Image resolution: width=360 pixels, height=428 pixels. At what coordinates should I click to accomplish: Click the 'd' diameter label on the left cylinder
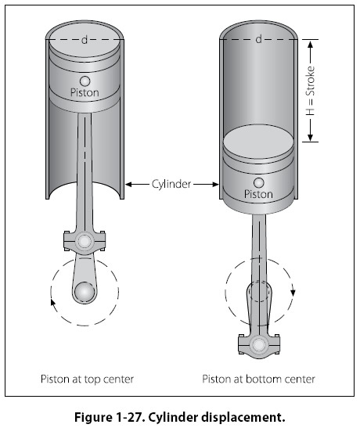click(x=85, y=40)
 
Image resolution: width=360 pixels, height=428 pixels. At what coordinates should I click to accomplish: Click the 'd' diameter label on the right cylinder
click(x=258, y=40)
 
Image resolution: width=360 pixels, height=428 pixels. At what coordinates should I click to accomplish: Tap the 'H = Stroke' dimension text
click(x=311, y=91)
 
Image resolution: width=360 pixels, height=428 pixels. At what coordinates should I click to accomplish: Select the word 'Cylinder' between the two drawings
click(x=171, y=184)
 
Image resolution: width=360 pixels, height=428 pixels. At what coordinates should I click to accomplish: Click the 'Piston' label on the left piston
click(x=85, y=92)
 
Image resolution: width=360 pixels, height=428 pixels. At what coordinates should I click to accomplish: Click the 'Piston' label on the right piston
click(x=258, y=194)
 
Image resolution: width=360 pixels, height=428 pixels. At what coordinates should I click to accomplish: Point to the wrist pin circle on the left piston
click(x=85, y=81)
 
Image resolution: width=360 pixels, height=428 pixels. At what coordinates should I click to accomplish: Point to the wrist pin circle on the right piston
click(x=259, y=182)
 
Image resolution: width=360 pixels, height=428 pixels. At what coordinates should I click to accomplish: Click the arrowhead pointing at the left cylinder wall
click(x=128, y=185)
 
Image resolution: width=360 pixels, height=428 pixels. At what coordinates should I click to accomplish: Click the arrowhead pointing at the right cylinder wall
click(x=215, y=185)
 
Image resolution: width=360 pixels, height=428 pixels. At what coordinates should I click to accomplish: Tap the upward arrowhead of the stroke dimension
click(x=311, y=44)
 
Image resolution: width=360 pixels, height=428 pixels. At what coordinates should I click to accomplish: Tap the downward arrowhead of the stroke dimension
click(x=311, y=138)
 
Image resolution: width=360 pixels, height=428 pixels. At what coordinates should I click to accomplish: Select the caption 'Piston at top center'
click(x=87, y=379)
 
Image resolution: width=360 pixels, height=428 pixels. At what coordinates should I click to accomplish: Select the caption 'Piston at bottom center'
click(x=258, y=379)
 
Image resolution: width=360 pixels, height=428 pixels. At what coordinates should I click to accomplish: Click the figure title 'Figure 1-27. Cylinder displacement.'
click(x=180, y=417)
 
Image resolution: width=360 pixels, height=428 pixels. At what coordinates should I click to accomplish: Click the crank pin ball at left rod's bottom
click(x=85, y=292)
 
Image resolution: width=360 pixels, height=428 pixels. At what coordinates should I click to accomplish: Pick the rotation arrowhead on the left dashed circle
click(x=53, y=301)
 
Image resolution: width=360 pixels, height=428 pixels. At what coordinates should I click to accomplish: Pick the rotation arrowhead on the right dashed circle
click(x=293, y=293)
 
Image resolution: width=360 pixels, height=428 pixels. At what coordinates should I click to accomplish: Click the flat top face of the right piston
click(x=258, y=142)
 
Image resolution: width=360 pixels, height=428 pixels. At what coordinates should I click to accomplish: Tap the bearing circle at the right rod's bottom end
click(x=258, y=345)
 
